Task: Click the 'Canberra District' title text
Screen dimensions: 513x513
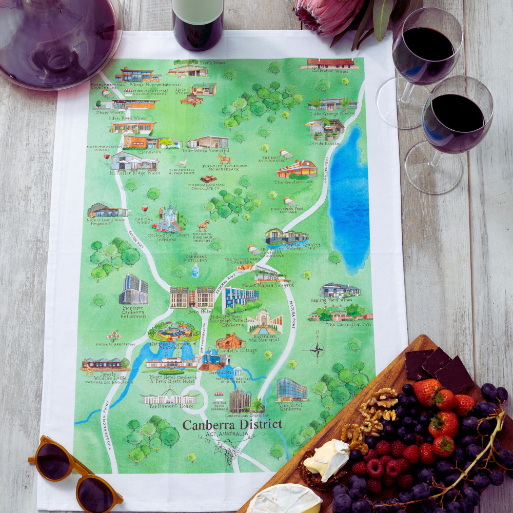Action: pyautogui.click(x=232, y=424)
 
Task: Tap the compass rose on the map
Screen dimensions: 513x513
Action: pyautogui.click(x=317, y=351)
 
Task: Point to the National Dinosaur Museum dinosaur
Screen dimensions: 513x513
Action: pyautogui.click(x=204, y=225)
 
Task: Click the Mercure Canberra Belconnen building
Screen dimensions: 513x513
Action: pyautogui.click(x=134, y=289)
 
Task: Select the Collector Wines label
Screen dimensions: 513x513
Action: pyautogui.click(x=330, y=71)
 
